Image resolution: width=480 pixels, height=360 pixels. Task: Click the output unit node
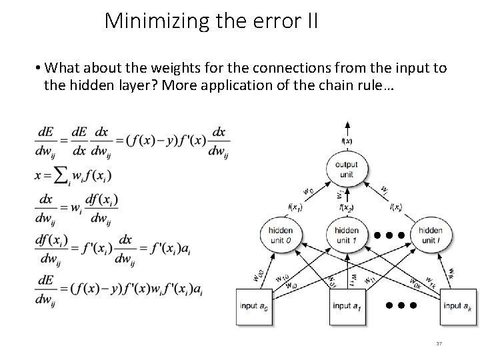click(347, 169)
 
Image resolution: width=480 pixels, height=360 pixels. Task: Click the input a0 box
click(255, 307)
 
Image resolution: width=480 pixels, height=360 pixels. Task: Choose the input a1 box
click(347, 307)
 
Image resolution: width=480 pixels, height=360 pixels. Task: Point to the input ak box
click(457, 307)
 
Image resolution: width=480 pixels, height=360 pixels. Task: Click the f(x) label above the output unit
click(347, 141)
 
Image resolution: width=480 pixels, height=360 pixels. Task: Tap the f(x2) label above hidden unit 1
click(346, 207)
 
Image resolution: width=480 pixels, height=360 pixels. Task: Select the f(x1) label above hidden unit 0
click(295, 207)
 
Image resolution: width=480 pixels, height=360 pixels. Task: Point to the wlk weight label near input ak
click(451, 273)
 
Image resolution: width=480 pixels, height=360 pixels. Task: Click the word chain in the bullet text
click(343, 85)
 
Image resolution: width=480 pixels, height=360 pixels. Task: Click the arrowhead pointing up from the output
click(347, 124)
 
